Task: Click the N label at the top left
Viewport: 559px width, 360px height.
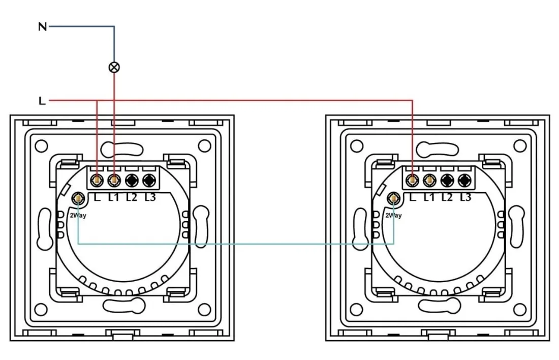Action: pyautogui.click(x=42, y=26)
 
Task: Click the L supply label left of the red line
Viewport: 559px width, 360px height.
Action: pyautogui.click(x=42, y=101)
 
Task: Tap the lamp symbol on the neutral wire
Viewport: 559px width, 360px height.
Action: pyautogui.click(x=114, y=67)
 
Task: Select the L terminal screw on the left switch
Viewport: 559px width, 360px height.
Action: pyautogui.click(x=97, y=180)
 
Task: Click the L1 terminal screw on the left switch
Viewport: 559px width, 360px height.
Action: pyautogui.click(x=114, y=180)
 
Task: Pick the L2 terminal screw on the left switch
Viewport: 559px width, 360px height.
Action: pyautogui.click(x=132, y=180)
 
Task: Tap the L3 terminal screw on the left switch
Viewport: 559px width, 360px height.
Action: pyautogui.click(x=149, y=180)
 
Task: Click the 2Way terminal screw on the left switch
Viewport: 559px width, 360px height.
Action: pyautogui.click(x=78, y=198)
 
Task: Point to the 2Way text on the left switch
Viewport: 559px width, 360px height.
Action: pyautogui.click(x=78, y=216)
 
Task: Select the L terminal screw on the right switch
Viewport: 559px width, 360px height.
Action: pyautogui.click(x=413, y=180)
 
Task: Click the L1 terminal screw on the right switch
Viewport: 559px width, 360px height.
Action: pyautogui.click(x=430, y=180)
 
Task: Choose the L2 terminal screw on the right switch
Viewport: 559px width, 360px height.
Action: pyautogui.click(x=447, y=180)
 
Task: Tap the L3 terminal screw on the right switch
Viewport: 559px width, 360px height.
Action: pyautogui.click(x=464, y=180)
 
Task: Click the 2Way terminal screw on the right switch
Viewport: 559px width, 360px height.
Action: pyautogui.click(x=393, y=198)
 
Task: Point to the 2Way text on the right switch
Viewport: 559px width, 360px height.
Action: pyautogui.click(x=393, y=216)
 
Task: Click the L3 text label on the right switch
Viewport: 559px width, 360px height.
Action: pyautogui.click(x=465, y=197)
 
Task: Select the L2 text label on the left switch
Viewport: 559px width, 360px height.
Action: pyautogui.click(x=132, y=197)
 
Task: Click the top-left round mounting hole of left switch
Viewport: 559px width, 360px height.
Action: pyautogui.click(x=41, y=146)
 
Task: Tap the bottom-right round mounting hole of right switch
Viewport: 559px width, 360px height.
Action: pyautogui.click(x=520, y=309)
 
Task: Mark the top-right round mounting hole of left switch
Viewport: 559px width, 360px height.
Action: pyautogui.click(x=204, y=146)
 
